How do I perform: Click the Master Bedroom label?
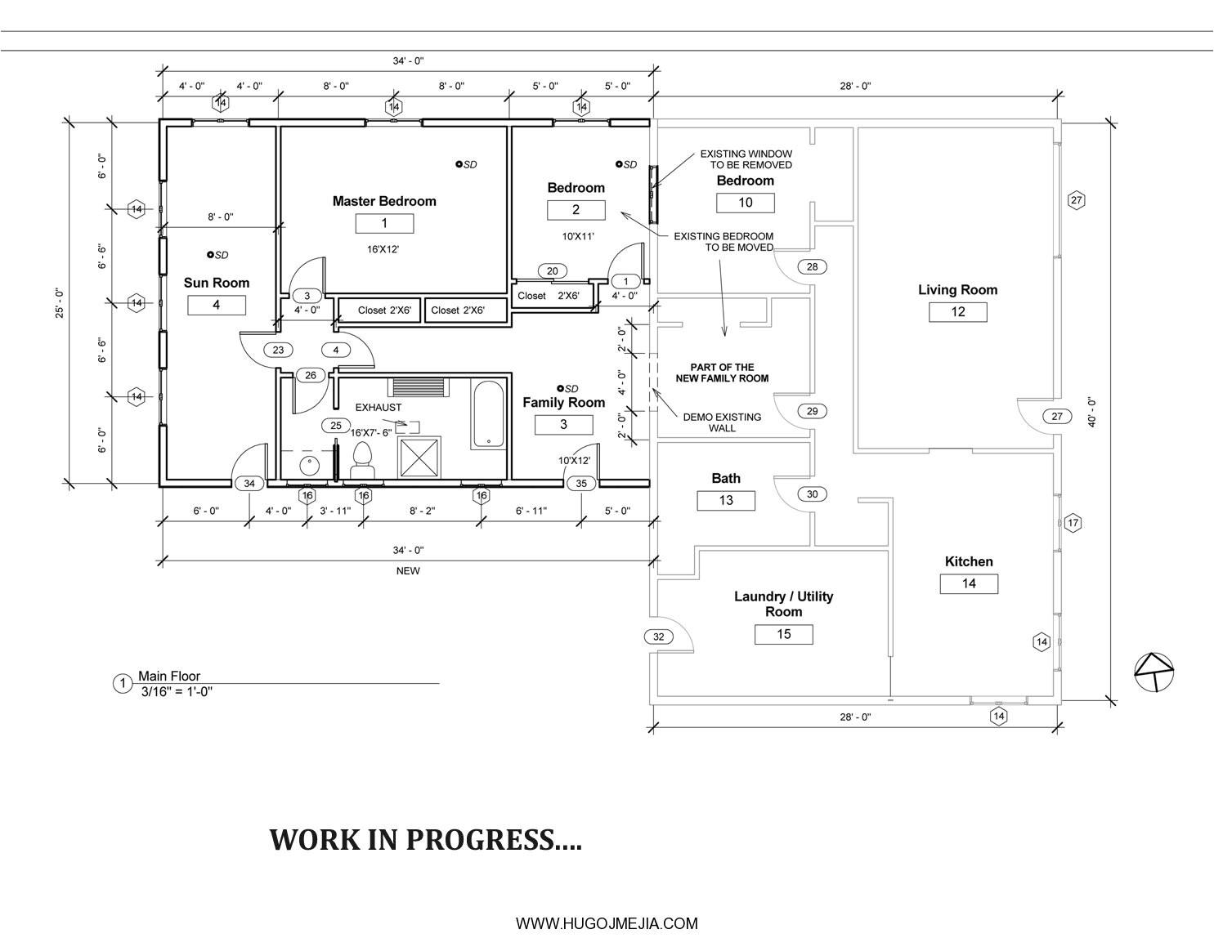tap(384, 201)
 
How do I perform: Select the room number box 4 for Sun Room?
tap(217, 305)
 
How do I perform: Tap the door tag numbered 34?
tap(249, 484)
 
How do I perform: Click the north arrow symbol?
tap(1154, 672)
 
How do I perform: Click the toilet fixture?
tap(362, 461)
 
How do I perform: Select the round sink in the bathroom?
tap(309, 467)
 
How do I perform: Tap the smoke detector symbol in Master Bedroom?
tap(459, 164)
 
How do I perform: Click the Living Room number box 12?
tap(957, 311)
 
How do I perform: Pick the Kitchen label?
tap(969, 561)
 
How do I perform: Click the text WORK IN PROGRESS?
tap(425, 840)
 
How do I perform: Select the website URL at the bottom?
tap(607, 923)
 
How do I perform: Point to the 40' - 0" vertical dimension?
tap(1091, 413)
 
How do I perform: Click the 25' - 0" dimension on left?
tap(59, 302)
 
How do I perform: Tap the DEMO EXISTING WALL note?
tap(722, 422)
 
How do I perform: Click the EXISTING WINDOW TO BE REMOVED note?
tap(746, 159)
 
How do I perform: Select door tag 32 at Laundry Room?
tap(660, 636)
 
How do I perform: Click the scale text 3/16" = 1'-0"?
tap(177, 691)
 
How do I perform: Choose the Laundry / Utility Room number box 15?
tap(783, 634)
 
